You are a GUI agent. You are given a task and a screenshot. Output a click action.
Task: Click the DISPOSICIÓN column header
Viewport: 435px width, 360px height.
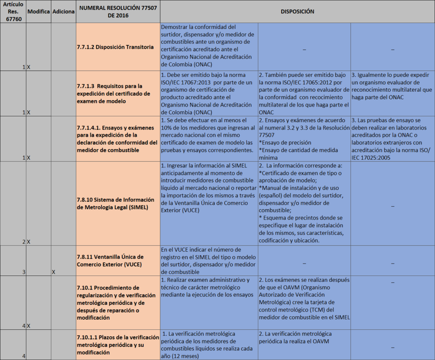point(297,11)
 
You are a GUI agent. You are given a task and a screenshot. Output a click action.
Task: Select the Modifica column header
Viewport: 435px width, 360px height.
point(38,11)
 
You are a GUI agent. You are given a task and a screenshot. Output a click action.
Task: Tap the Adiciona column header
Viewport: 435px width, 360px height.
point(63,11)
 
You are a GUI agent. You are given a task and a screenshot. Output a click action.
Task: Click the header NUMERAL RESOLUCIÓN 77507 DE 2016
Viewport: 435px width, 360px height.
point(118,11)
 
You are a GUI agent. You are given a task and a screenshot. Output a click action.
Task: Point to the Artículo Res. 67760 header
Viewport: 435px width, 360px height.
point(13,11)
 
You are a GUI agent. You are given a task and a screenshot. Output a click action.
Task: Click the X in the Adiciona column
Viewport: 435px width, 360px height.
point(54,272)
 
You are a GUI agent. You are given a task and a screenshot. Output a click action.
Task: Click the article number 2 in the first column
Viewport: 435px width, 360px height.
point(24,242)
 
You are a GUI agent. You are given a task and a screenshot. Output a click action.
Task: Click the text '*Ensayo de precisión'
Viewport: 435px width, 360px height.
point(285,143)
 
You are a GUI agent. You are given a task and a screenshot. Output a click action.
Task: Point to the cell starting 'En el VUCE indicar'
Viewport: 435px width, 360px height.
point(209,261)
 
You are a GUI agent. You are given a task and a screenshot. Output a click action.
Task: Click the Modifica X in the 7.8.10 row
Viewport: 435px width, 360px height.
point(29,242)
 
